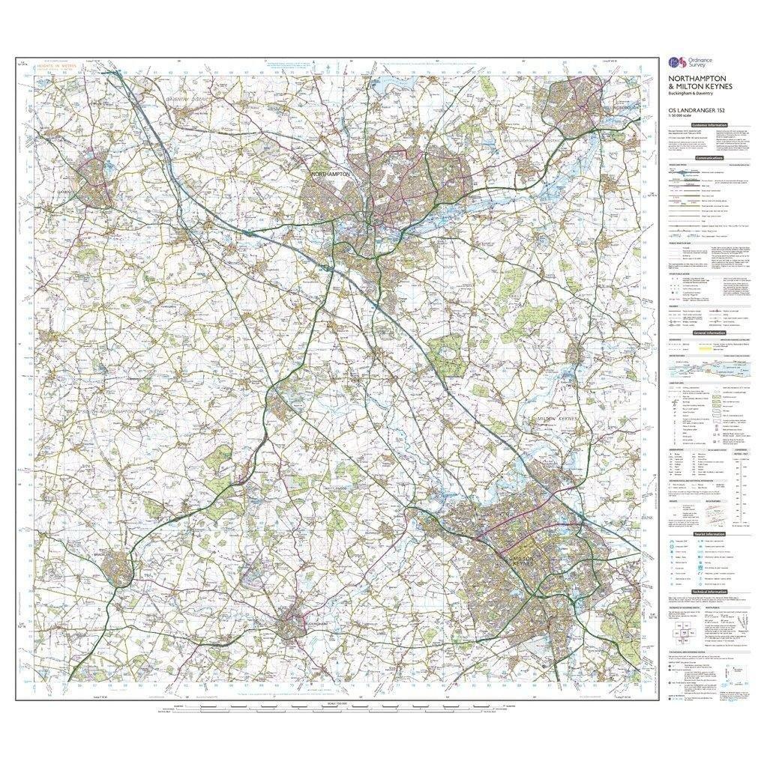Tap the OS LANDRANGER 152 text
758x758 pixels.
click(x=697, y=111)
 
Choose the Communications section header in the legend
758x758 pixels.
click(x=709, y=158)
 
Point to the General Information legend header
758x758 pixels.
click(x=709, y=332)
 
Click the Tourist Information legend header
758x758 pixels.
click(x=709, y=534)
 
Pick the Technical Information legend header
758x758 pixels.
click(x=709, y=591)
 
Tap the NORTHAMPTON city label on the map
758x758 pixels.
click(x=331, y=174)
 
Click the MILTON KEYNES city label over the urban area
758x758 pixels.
click(x=521, y=560)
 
